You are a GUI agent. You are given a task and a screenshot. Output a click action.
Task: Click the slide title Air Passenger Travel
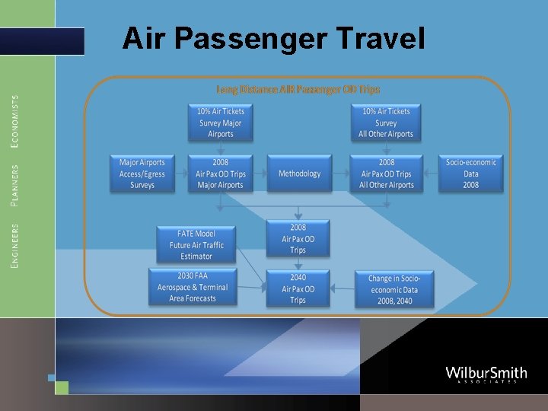click(x=273, y=38)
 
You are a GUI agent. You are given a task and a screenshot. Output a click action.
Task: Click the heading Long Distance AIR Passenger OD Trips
click(x=298, y=89)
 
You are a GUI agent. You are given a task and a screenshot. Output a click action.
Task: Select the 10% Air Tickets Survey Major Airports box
click(x=221, y=122)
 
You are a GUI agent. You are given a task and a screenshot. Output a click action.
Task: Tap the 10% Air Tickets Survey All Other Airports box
click(x=386, y=122)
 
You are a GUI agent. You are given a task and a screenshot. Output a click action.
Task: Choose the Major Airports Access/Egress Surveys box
click(x=142, y=174)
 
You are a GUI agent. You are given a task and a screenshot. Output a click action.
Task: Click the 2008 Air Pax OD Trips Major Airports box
click(x=221, y=174)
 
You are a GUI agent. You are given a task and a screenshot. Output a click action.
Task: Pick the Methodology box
click(x=299, y=174)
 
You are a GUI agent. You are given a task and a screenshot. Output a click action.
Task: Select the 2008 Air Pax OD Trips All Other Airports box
click(x=386, y=174)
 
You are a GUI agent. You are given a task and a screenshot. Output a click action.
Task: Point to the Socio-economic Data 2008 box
click(x=471, y=174)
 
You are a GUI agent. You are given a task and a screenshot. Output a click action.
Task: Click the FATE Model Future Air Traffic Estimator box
click(x=196, y=244)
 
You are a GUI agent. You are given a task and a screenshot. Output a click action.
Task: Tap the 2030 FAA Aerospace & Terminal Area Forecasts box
click(x=193, y=287)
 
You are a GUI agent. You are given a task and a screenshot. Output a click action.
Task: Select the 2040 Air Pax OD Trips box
click(x=298, y=289)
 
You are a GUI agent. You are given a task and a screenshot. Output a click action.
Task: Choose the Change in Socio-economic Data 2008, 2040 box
click(x=394, y=289)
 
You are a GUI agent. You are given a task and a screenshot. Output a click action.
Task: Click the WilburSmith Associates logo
click(x=486, y=374)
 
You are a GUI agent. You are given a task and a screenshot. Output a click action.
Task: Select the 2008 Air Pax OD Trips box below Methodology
click(x=298, y=238)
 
